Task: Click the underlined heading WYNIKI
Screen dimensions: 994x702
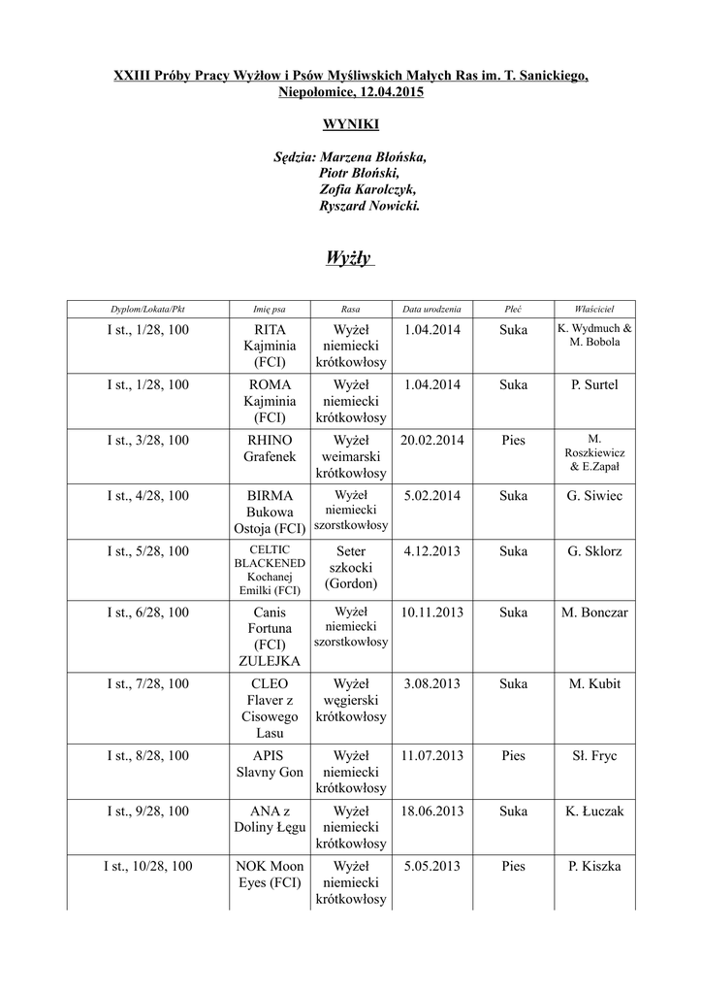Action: pos(350,124)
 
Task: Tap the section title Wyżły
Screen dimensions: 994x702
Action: pos(350,258)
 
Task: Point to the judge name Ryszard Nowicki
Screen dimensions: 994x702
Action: pos(369,206)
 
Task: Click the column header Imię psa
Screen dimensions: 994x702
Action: pos(269,309)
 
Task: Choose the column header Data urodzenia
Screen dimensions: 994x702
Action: pos(431,309)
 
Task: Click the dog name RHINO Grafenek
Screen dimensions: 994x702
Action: pos(269,447)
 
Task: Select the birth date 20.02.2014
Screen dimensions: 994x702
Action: pos(431,440)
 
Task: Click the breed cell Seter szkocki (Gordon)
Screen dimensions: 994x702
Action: pos(350,567)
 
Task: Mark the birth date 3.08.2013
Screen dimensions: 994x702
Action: pos(431,683)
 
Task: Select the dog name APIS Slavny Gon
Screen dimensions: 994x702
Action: pos(269,764)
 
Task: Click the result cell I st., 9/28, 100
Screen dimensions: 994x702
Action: pos(147,811)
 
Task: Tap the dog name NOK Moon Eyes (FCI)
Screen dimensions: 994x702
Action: pos(270,875)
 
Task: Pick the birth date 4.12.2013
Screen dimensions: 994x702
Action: pos(431,551)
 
